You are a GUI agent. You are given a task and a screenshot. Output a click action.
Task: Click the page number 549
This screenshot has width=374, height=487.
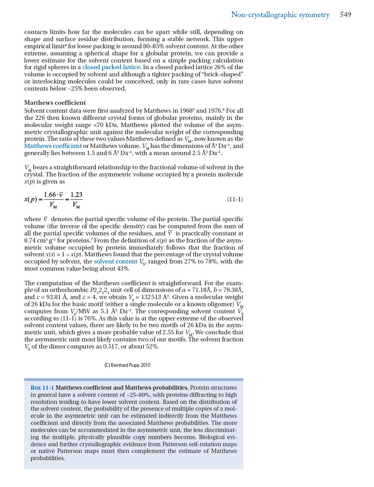pyautogui.click(x=345, y=15)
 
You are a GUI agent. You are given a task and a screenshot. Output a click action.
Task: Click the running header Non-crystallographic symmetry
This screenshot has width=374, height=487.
pyautogui.click(x=280, y=15)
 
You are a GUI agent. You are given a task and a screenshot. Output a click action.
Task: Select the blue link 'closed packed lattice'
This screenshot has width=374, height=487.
pyautogui.click(x=111, y=67)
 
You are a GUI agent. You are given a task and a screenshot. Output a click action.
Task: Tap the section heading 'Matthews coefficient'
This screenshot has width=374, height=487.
pyautogui.click(x=55, y=103)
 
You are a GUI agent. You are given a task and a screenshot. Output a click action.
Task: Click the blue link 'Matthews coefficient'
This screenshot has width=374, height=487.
pyautogui.click(x=53, y=146)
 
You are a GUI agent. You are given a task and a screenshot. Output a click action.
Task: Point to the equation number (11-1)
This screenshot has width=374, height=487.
pyautogui.click(x=235, y=199)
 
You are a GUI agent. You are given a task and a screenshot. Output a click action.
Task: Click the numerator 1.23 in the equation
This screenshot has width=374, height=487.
pyautogui.click(x=76, y=195)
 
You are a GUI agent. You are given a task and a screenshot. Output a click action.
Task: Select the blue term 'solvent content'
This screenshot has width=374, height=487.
pyautogui.click(x=115, y=262)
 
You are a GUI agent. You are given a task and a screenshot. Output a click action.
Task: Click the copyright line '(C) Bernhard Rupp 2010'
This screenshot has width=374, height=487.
pyautogui.click(x=127, y=365)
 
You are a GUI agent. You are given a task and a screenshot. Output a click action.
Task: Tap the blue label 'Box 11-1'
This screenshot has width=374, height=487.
pyautogui.click(x=42, y=388)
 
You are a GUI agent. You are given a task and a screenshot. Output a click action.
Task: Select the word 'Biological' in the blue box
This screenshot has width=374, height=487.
pyautogui.click(x=214, y=437)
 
